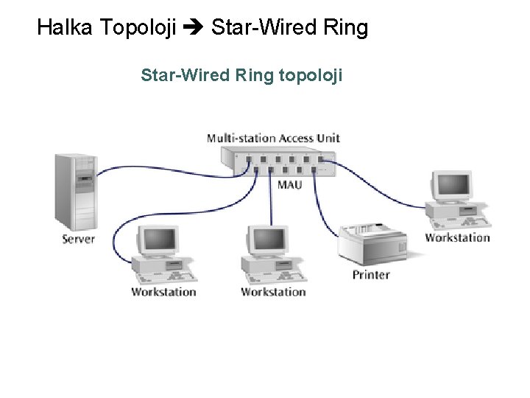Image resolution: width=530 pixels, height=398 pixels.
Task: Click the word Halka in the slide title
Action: pyautogui.click(x=65, y=28)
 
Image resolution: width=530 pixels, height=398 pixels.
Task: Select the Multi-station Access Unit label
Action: pyautogui.click(x=273, y=138)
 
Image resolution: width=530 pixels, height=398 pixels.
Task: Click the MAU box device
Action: pyautogui.click(x=279, y=161)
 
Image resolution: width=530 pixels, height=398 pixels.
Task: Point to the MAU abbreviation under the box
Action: pyautogui.click(x=289, y=184)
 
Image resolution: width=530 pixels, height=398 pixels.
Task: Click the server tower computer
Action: pyautogui.click(x=76, y=192)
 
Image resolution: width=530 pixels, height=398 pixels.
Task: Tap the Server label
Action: pyautogui.click(x=79, y=239)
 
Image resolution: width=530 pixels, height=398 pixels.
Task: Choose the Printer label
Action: pyautogui.click(x=371, y=275)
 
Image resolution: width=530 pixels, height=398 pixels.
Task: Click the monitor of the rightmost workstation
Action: pyautogui.click(x=451, y=186)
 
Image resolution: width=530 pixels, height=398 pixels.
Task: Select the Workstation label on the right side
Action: pyautogui.click(x=457, y=237)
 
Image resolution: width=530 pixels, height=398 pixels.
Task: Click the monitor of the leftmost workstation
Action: pyautogui.click(x=160, y=240)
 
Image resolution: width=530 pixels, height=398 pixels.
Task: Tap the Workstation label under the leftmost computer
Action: pyautogui.click(x=163, y=292)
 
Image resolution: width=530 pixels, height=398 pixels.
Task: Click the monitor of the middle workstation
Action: pyautogui.click(x=267, y=240)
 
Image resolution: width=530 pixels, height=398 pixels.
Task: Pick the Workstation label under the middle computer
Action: pyautogui.click(x=273, y=292)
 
